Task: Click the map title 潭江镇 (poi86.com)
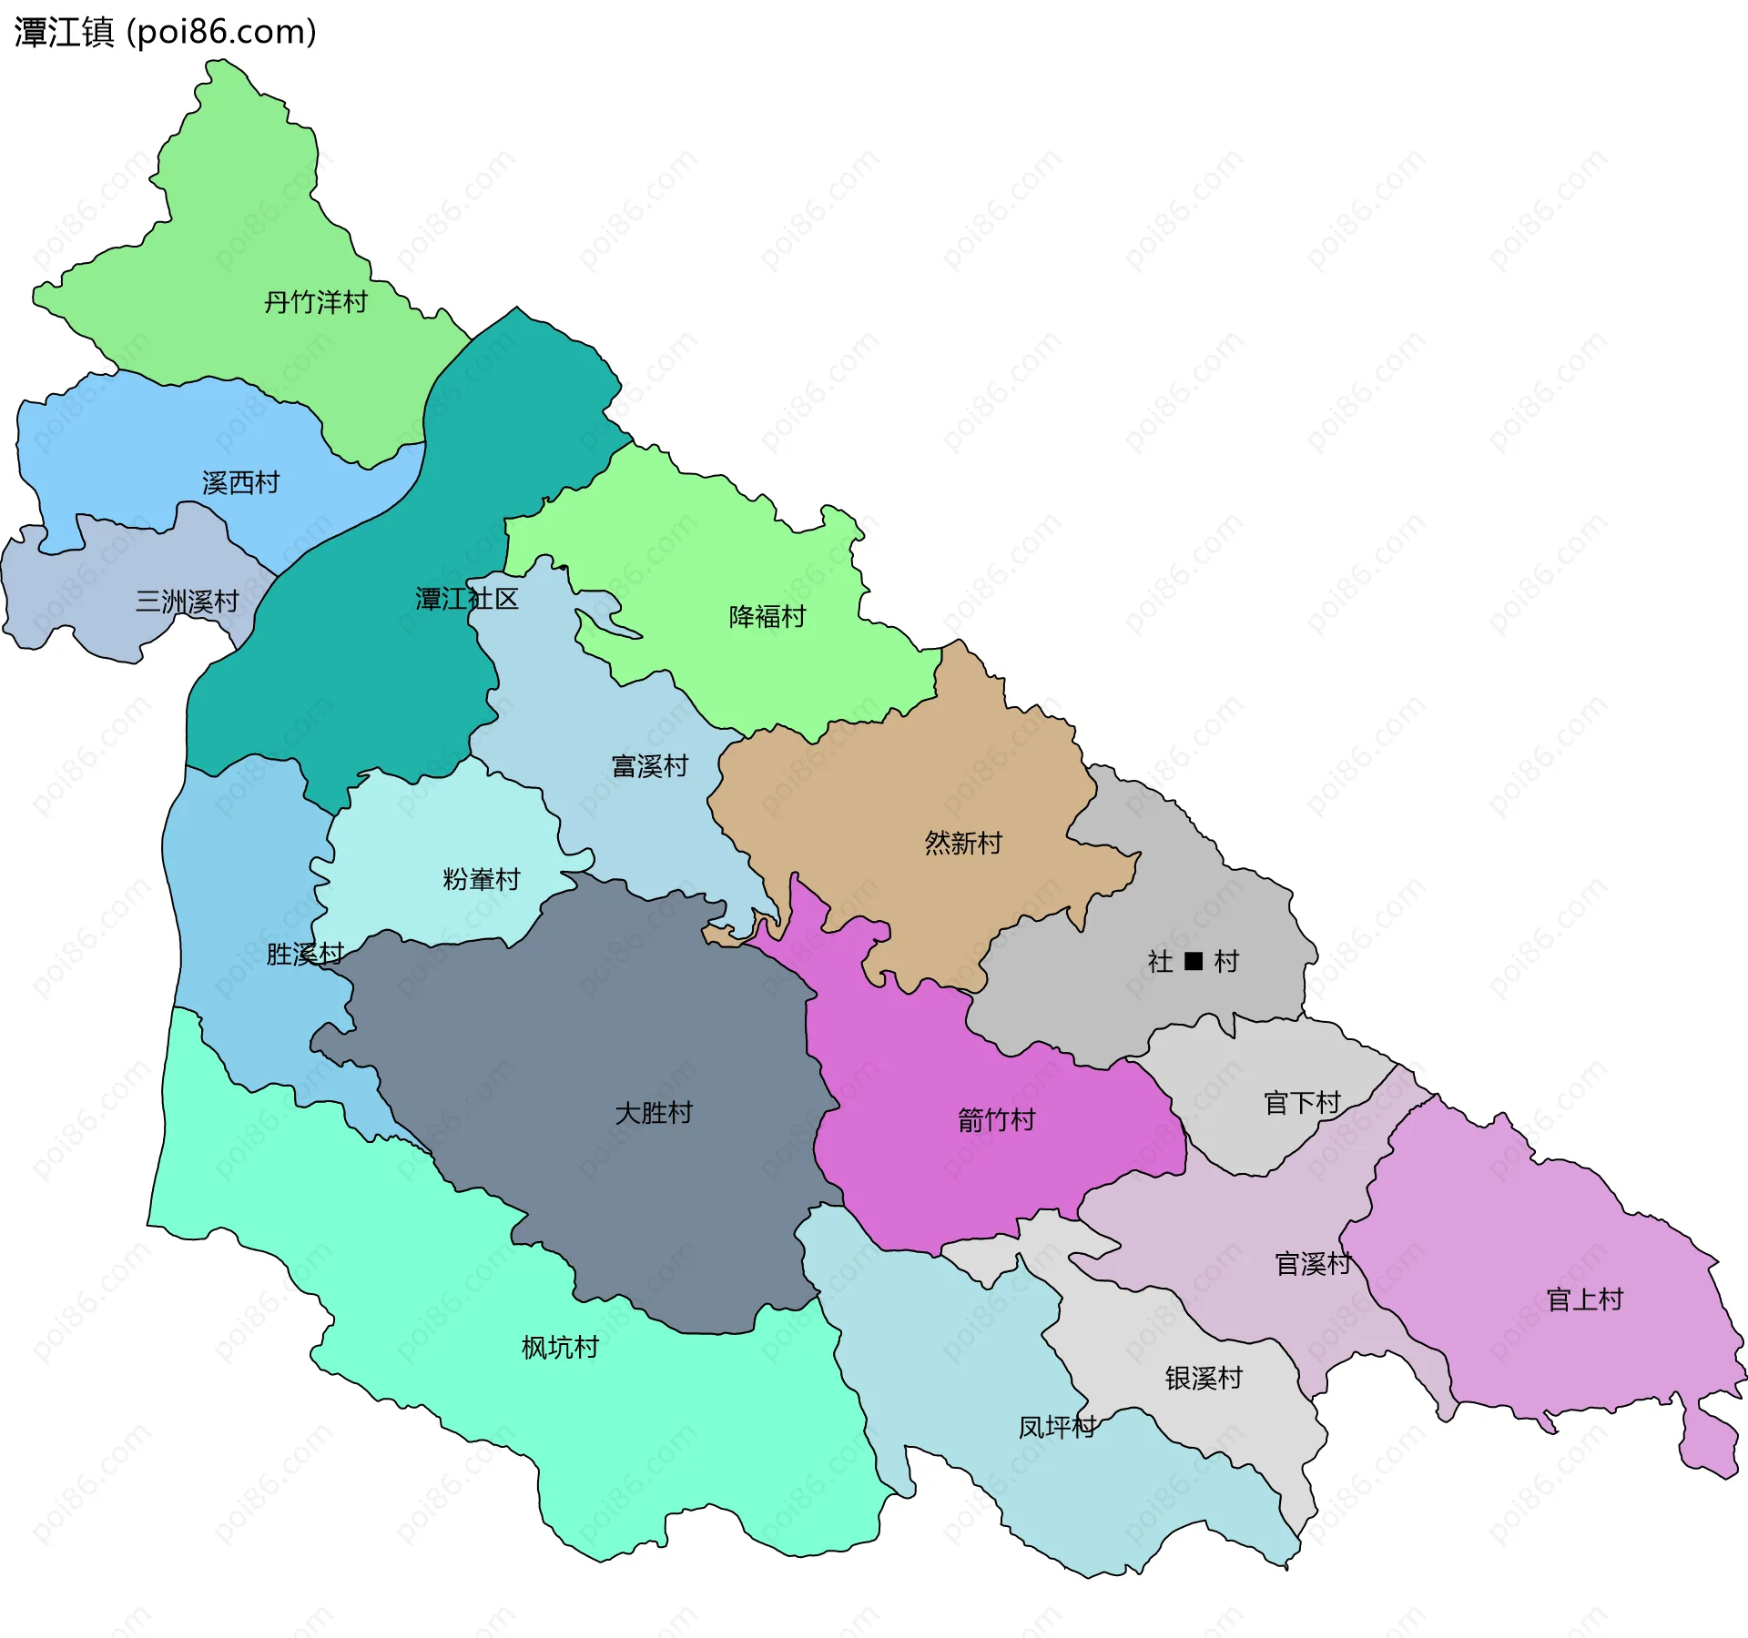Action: click(164, 32)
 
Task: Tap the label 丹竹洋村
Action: click(315, 302)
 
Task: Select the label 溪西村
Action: click(240, 482)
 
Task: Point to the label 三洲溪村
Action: click(187, 602)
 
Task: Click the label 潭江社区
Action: click(466, 599)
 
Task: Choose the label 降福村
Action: click(767, 617)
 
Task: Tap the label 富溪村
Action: click(649, 766)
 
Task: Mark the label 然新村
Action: click(962, 843)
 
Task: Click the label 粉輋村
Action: click(481, 879)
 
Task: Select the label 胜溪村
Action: click(304, 954)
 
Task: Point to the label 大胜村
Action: click(653, 1113)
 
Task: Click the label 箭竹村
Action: click(996, 1120)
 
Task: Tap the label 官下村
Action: click(1302, 1103)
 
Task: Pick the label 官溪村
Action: click(1313, 1264)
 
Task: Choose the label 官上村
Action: click(1584, 1299)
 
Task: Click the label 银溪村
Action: click(1203, 1379)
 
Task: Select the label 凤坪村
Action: click(1056, 1427)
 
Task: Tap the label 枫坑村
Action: click(559, 1348)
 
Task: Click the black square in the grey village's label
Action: click(1194, 961)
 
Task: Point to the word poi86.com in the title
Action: click(221, 32)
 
